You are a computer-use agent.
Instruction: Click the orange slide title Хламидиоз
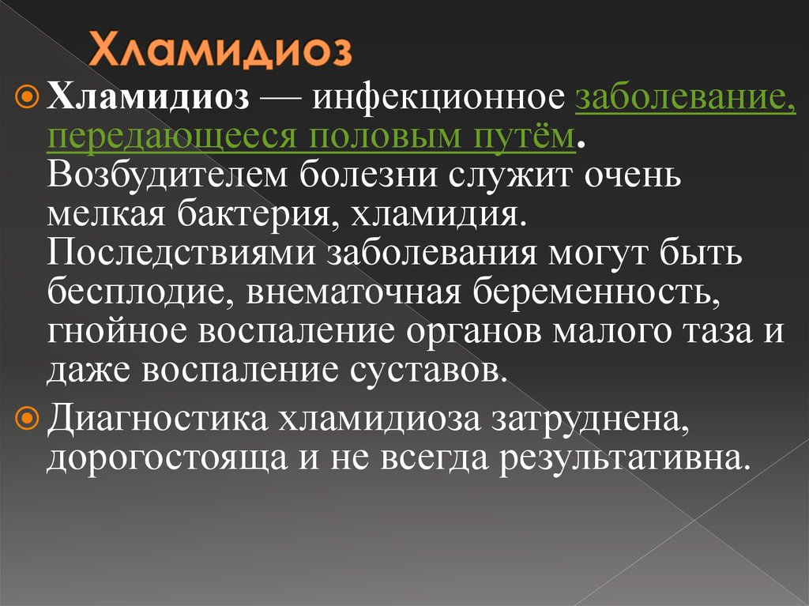(x=220, y=50)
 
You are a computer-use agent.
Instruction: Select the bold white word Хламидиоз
(x=149, y=96)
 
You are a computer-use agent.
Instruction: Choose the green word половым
(x=386, y=137)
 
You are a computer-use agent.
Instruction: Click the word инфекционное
(x=438, y=98)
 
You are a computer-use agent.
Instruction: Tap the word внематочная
(x=354, y=293)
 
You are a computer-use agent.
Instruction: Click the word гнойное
(x=117, y=331)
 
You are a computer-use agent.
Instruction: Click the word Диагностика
(x=158, y=419)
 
